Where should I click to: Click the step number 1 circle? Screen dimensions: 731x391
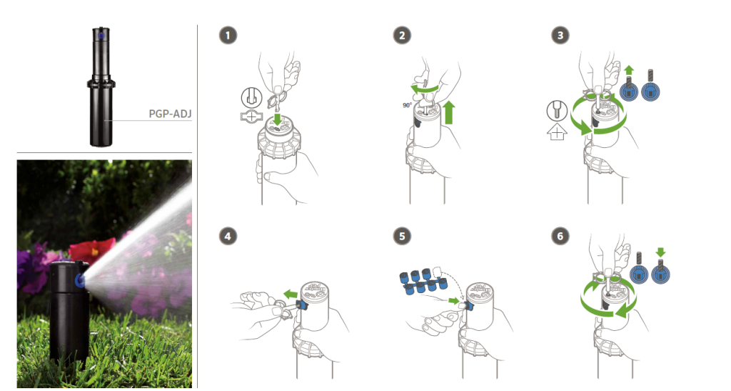point(228,36)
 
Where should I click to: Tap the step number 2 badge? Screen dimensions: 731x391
point(402,36)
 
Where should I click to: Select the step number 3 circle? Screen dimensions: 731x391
point(560,36)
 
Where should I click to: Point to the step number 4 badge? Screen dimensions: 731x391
point(228,236)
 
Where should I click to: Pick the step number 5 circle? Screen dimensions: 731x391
point(402,236)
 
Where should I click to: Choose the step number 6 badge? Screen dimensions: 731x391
point(560,236)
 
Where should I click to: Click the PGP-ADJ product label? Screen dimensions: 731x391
point(170,114)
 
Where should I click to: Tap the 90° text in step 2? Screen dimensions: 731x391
point(408,106)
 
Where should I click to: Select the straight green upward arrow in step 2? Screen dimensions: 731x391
point(448,112)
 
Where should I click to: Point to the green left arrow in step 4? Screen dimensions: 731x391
point(291,294)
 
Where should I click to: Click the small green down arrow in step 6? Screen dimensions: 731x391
point(660,252)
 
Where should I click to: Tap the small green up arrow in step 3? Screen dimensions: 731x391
point(628,71)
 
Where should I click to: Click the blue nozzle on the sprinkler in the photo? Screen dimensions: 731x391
point(79,279)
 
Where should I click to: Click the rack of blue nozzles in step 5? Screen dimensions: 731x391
point(423,282)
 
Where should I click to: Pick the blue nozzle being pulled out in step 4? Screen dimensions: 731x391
point(301,306)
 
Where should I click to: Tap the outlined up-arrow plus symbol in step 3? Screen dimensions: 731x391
point(557,132)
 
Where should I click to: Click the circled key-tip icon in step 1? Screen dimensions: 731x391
point(251,97)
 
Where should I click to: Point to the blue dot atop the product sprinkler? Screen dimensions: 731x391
point(101,34)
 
